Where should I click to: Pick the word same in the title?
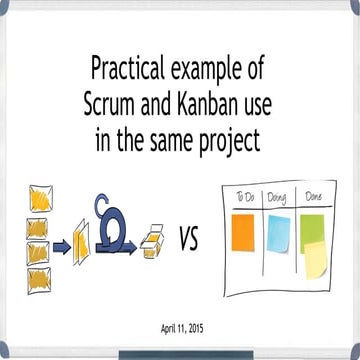175,141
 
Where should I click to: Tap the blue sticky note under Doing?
277,231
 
